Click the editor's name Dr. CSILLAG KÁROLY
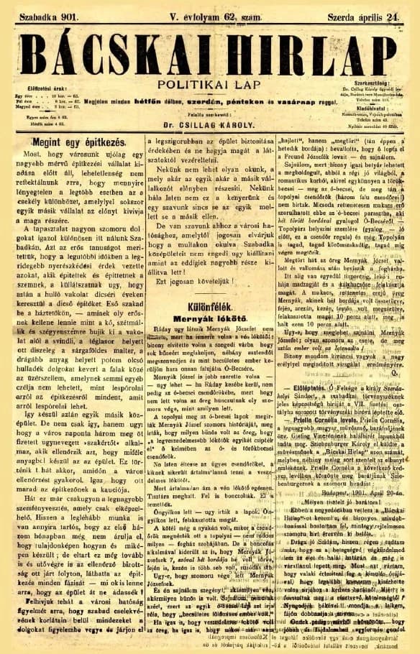(x=209, y=124)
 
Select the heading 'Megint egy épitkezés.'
(x=78, y=143)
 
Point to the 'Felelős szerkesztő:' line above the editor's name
(x=209, y=114)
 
